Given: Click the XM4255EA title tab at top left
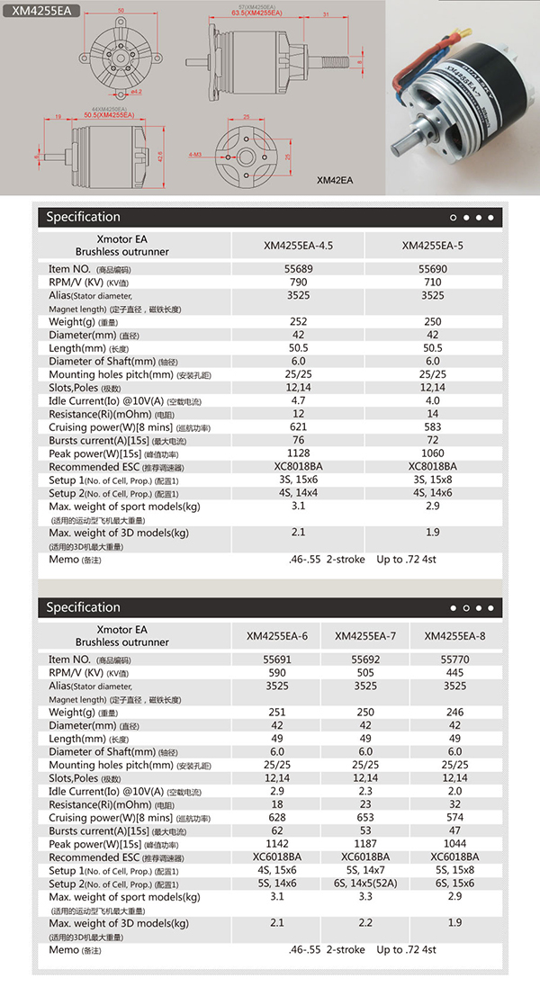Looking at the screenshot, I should click(41, 11).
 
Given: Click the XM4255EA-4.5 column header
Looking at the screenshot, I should click(298, 245).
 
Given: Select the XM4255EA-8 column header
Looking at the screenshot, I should click(454, 636).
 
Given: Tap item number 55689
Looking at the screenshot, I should click(298, 269).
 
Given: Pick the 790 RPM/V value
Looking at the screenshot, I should click(298, 282).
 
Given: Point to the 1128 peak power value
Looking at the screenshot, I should click(298, 453).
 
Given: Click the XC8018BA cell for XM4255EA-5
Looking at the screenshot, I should click(432, 466).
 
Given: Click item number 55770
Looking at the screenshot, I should click(454, 659).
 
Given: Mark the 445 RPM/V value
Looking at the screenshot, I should click(454, 672).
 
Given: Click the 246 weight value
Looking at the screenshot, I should click(454, 712).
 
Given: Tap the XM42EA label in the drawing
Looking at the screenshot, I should click(335, 180).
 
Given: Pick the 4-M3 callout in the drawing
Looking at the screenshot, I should click(194, 156).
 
